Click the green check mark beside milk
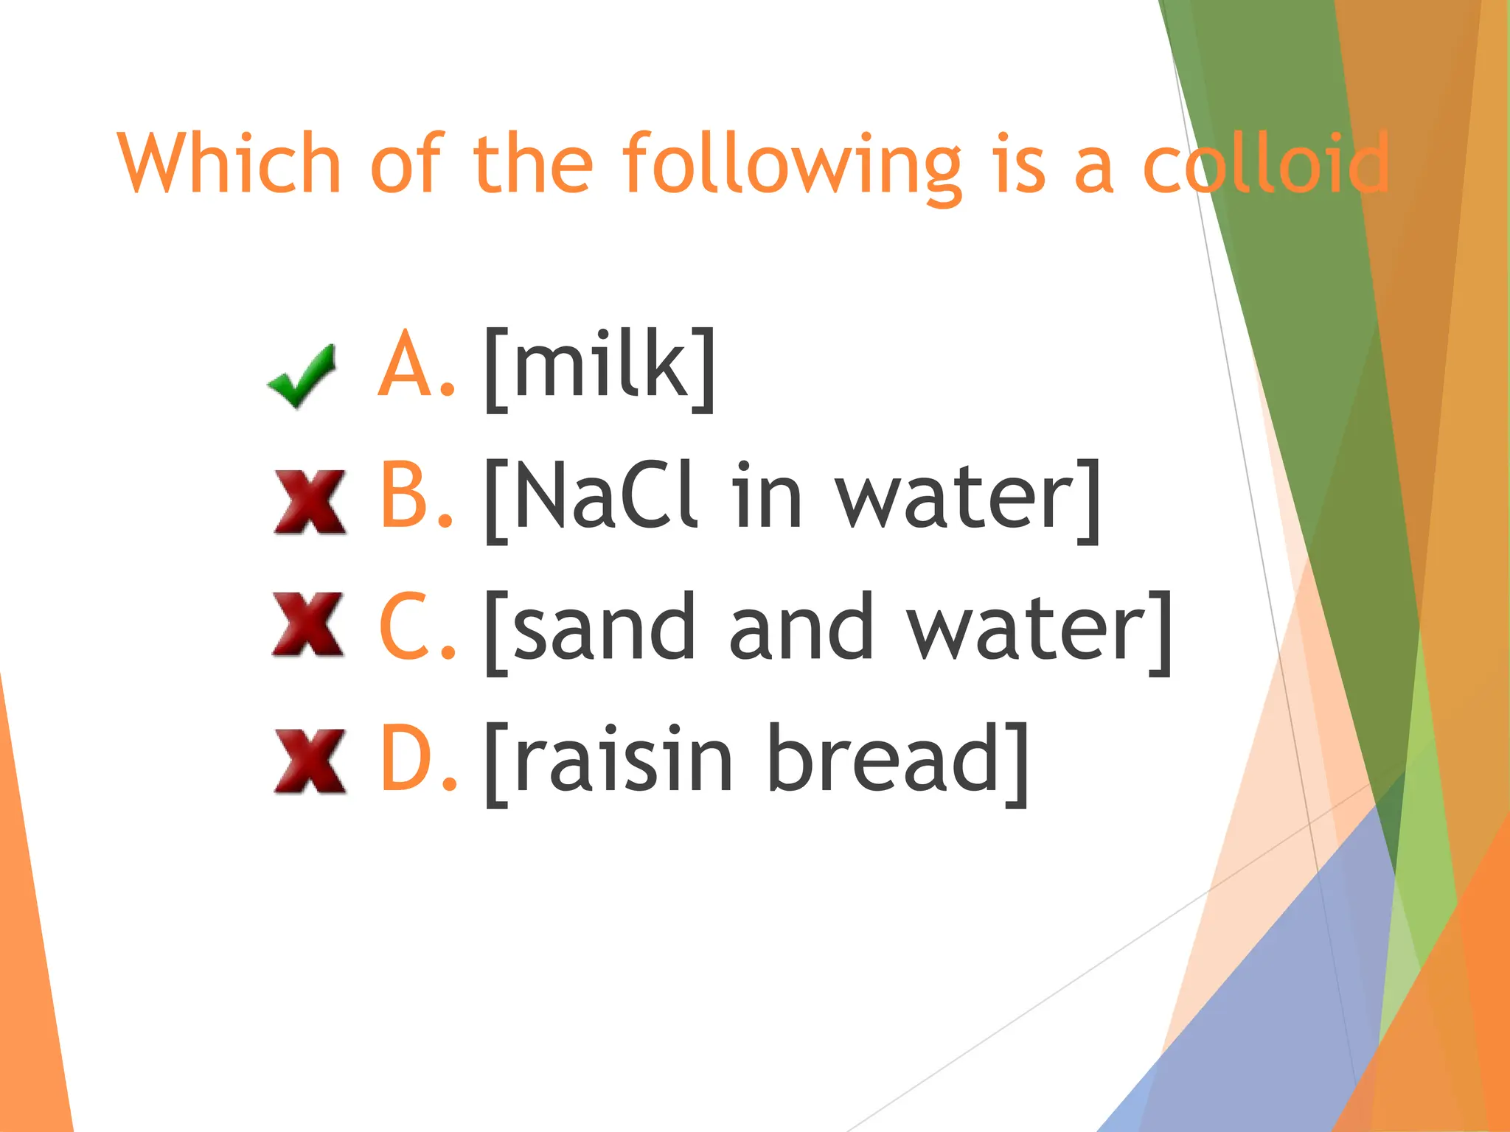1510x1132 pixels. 302,376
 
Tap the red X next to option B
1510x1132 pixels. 310,501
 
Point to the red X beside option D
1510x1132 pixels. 310,761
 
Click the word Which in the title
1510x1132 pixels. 229,164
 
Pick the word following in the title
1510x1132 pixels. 793,166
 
